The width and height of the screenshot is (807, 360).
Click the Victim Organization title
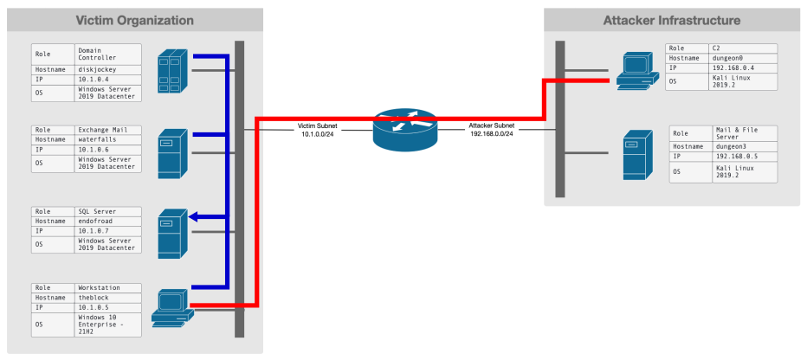pos(134,19)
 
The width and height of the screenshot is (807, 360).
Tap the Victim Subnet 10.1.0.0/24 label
pos(317,131)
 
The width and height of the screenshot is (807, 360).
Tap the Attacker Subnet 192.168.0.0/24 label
pos(491,131)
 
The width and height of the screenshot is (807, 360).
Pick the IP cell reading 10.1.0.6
pos(106,149)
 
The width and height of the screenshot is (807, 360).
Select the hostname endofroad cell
pos(106,221)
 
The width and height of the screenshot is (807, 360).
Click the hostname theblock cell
pos(106,296)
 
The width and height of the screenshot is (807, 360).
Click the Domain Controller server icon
pos(171,71)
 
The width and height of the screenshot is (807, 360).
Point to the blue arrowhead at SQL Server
pos(193,217)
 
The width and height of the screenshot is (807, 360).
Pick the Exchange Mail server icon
pos(168,153)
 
